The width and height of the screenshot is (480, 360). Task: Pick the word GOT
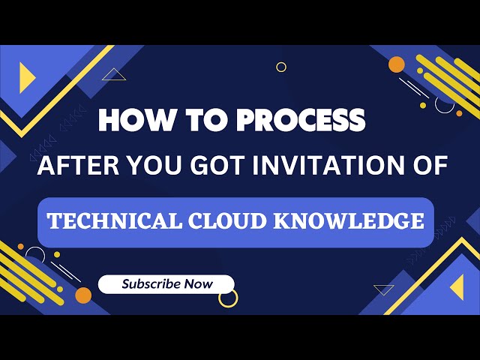tap(213, 165)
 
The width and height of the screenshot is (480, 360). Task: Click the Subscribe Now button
tap(167, 284)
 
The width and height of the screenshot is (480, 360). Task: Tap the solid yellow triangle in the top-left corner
tap(27, 77)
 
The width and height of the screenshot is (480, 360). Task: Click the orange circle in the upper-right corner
tap(397, 64)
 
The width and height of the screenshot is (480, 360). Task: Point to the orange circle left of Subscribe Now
tap(83, 295)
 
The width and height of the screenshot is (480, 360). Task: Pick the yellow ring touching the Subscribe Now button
tap(228, 298)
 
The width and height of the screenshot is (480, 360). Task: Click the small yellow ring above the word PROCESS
tap(281, 67)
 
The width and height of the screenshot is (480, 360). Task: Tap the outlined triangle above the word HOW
tap(114, 74)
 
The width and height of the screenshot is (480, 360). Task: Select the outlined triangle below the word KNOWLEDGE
tap(384, 289)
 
